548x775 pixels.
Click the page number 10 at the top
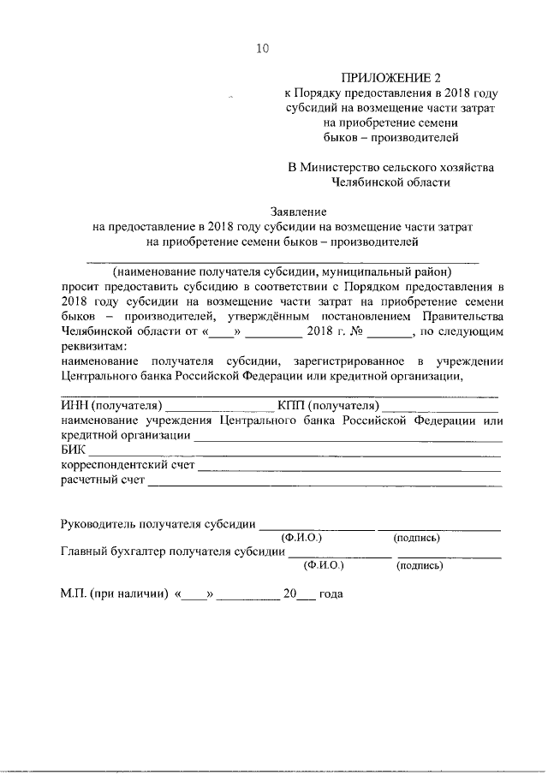(x=262, y=49)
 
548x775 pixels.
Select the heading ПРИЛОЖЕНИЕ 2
(x=390, y=78)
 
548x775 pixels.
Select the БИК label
(x=74, y=450)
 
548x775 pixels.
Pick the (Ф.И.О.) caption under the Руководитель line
(x=301, y=538)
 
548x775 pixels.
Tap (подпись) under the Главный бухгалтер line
(x=419, y=565)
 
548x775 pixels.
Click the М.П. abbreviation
(x=72, y=593)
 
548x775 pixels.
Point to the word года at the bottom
(x=331, y=593)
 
